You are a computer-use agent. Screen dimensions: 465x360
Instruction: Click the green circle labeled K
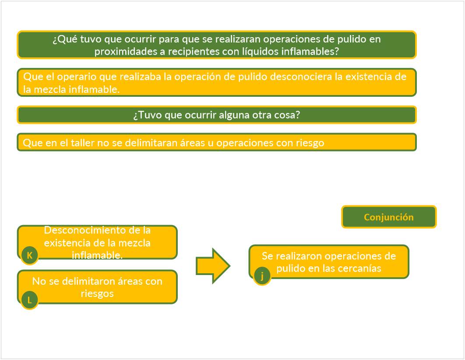click(x=29, y=255)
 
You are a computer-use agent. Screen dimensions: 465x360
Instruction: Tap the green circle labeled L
click(x=29, y=300)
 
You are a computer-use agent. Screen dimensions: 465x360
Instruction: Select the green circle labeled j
click(x=262, y=276)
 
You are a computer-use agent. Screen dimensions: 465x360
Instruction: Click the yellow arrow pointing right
click(x=213, y=266)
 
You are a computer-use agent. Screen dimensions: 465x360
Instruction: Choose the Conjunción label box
click(x=389, y=217)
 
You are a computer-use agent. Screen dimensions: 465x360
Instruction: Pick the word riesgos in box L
click(x=97, y=293)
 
